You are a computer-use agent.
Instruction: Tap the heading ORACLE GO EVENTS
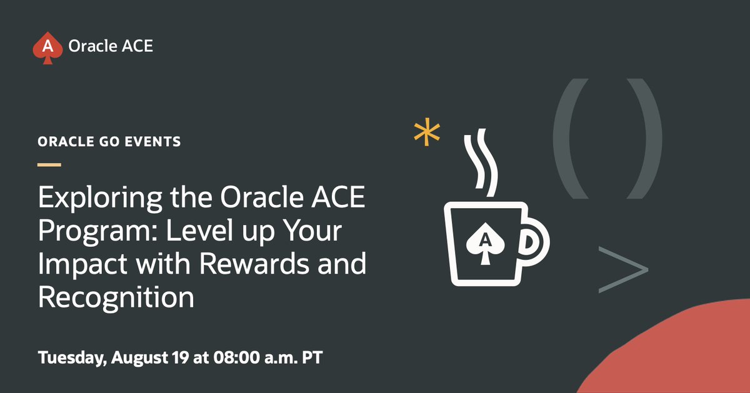pos(109,142)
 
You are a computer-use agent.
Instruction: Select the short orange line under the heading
pos(49,165)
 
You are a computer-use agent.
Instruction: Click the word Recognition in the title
pos(116,297)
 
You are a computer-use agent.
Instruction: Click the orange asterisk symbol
pos(427,133)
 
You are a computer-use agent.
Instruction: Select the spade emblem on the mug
pos(482,241)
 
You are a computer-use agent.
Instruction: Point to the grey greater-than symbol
pos(622,270)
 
